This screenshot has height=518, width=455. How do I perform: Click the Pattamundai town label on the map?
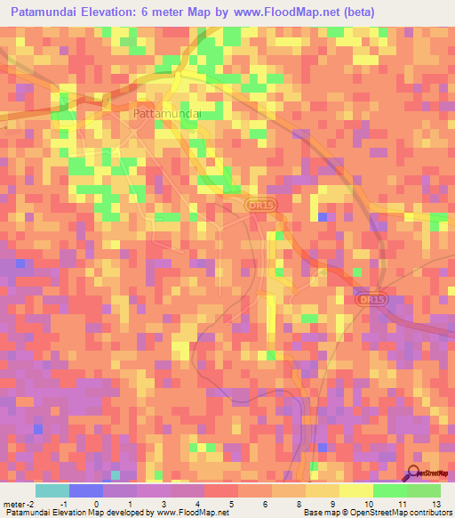pos(167,114)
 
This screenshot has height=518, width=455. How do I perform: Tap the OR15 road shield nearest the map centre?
pos(257,206)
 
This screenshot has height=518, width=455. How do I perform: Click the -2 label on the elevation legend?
pos(31,504)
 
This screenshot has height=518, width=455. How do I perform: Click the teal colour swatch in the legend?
pos(52,490)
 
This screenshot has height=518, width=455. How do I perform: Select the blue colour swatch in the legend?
pos(86,490)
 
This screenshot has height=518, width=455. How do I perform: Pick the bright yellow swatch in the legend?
pos(355,490)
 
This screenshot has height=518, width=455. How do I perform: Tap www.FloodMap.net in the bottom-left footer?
pos(190,513)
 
